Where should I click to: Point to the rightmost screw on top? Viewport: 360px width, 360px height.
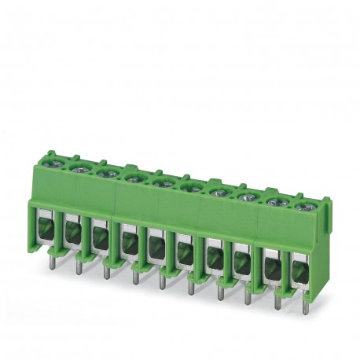(302, 206)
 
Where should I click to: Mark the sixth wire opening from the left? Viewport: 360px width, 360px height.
(183, 254)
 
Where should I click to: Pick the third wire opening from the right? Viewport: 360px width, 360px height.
(242, 265)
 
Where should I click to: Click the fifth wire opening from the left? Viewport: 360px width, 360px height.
(153, 248)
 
